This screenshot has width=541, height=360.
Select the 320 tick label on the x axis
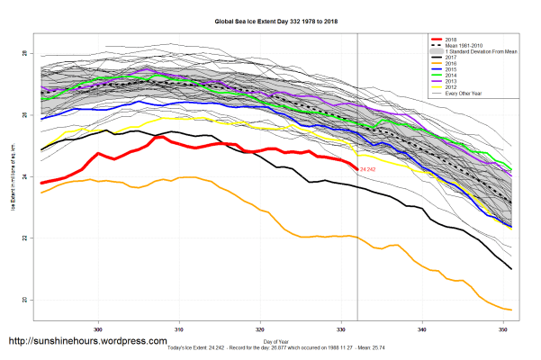click(x=260, y=328)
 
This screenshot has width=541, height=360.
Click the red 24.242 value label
click(x=367, y=169)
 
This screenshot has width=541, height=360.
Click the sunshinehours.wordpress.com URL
click(x=87, y=342)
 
